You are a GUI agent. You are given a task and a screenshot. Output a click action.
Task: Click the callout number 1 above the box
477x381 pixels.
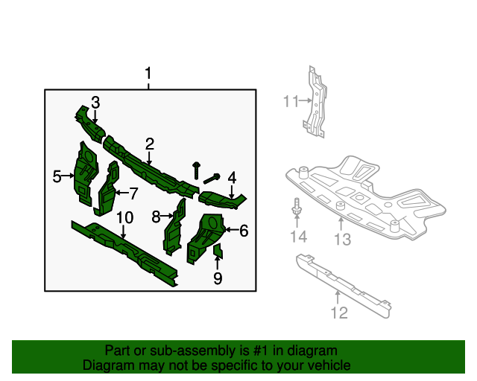coord(148,74)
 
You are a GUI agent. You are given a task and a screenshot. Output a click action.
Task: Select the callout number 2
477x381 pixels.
coord(150,144)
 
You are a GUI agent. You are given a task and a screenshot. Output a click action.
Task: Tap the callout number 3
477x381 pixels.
coord(95,102)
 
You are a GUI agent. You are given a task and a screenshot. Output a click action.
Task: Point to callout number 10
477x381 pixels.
coord(124,218)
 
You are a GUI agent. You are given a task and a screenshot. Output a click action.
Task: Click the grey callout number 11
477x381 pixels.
coord(290,100)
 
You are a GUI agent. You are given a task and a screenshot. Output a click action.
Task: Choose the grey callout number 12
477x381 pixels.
coord(338,313)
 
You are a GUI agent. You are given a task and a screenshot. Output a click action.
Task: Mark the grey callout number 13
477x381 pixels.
coord(341,239)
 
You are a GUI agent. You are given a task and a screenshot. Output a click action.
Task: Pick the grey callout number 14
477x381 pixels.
coord(298,237)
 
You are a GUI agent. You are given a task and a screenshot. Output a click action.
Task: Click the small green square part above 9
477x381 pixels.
coord(218,252)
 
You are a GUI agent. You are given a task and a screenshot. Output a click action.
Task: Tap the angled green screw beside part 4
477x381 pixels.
coord(212,177)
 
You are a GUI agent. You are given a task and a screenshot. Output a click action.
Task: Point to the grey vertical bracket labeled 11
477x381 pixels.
coord(316,104)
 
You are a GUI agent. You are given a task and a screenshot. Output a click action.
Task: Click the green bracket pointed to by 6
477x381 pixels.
coord(205,235)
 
